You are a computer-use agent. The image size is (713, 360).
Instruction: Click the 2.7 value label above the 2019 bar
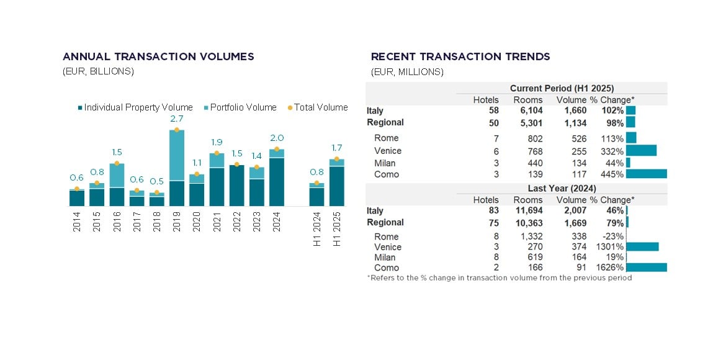(177, 119)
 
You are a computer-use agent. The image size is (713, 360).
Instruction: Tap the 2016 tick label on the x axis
(117, 222)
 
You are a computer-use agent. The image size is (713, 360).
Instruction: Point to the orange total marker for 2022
(237, 164)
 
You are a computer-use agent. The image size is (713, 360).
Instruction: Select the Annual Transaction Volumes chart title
(158, 56)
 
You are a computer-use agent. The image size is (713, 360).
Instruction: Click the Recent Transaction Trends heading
(460, 56)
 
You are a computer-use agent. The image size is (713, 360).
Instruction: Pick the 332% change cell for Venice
(611, 151)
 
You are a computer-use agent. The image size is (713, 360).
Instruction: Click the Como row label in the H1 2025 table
(387, 174)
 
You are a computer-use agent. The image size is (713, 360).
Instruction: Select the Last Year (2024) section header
(562, 188)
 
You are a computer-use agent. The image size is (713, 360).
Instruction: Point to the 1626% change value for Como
(609, 268)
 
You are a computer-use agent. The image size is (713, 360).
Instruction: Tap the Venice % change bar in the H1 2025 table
(641, 150)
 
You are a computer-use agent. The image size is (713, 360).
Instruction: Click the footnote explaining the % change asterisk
(499, 278)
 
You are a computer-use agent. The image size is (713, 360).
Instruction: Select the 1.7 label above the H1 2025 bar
(337, 148)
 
